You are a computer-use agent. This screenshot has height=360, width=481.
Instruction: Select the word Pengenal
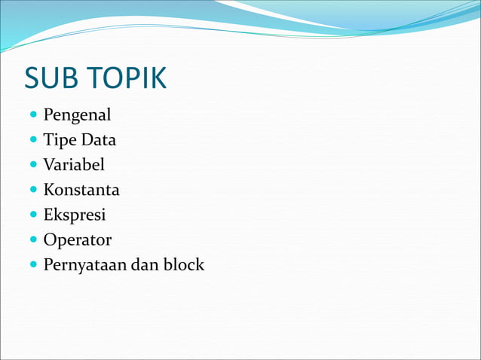click(x=77, y=116)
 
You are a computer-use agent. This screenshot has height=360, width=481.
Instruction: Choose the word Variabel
click(x=74, y=165)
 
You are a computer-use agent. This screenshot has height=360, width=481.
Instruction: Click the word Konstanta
click(x=81, y=190)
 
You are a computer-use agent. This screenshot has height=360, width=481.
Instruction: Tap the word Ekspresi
click(x=75, y=215)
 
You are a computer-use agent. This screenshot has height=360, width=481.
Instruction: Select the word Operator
click(x=77, y=240)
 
